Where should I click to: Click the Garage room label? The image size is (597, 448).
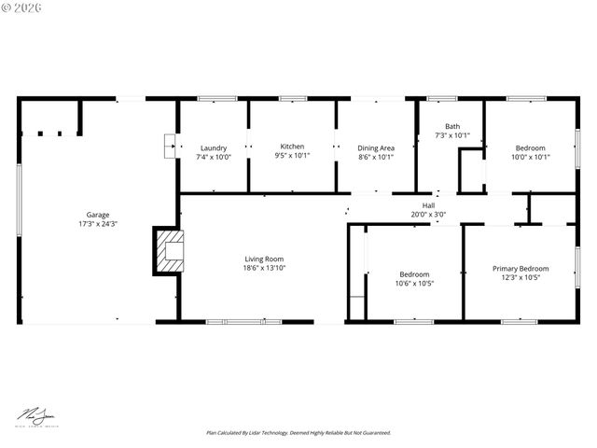click(x=97, y=215)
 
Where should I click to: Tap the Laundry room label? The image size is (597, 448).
click(x=214, y=147)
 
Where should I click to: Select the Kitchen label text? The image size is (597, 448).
click(x=292, y=147)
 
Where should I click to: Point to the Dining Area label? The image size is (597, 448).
click(x=376, y=147)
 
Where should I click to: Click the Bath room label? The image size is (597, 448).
click(x=452, y=126)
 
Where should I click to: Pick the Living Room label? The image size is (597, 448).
click(x=264, y=259)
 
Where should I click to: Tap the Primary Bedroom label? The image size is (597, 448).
click(x=521, y=269)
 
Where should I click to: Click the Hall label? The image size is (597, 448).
click(x=428, y=205)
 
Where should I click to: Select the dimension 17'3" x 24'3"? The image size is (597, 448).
click(x=97, y=224)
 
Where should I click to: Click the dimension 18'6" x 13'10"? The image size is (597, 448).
click(x=264, y=269)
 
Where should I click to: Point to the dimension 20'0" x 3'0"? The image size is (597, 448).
click(x=428, y=215)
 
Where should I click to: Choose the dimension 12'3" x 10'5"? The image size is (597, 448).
click(x=521, y=278)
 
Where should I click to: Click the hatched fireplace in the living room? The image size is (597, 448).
click(x=170, y=251)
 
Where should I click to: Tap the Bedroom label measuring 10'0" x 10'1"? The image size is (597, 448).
click(x=531, y=147)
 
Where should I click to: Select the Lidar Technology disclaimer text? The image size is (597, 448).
click(x=298, y=433)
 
